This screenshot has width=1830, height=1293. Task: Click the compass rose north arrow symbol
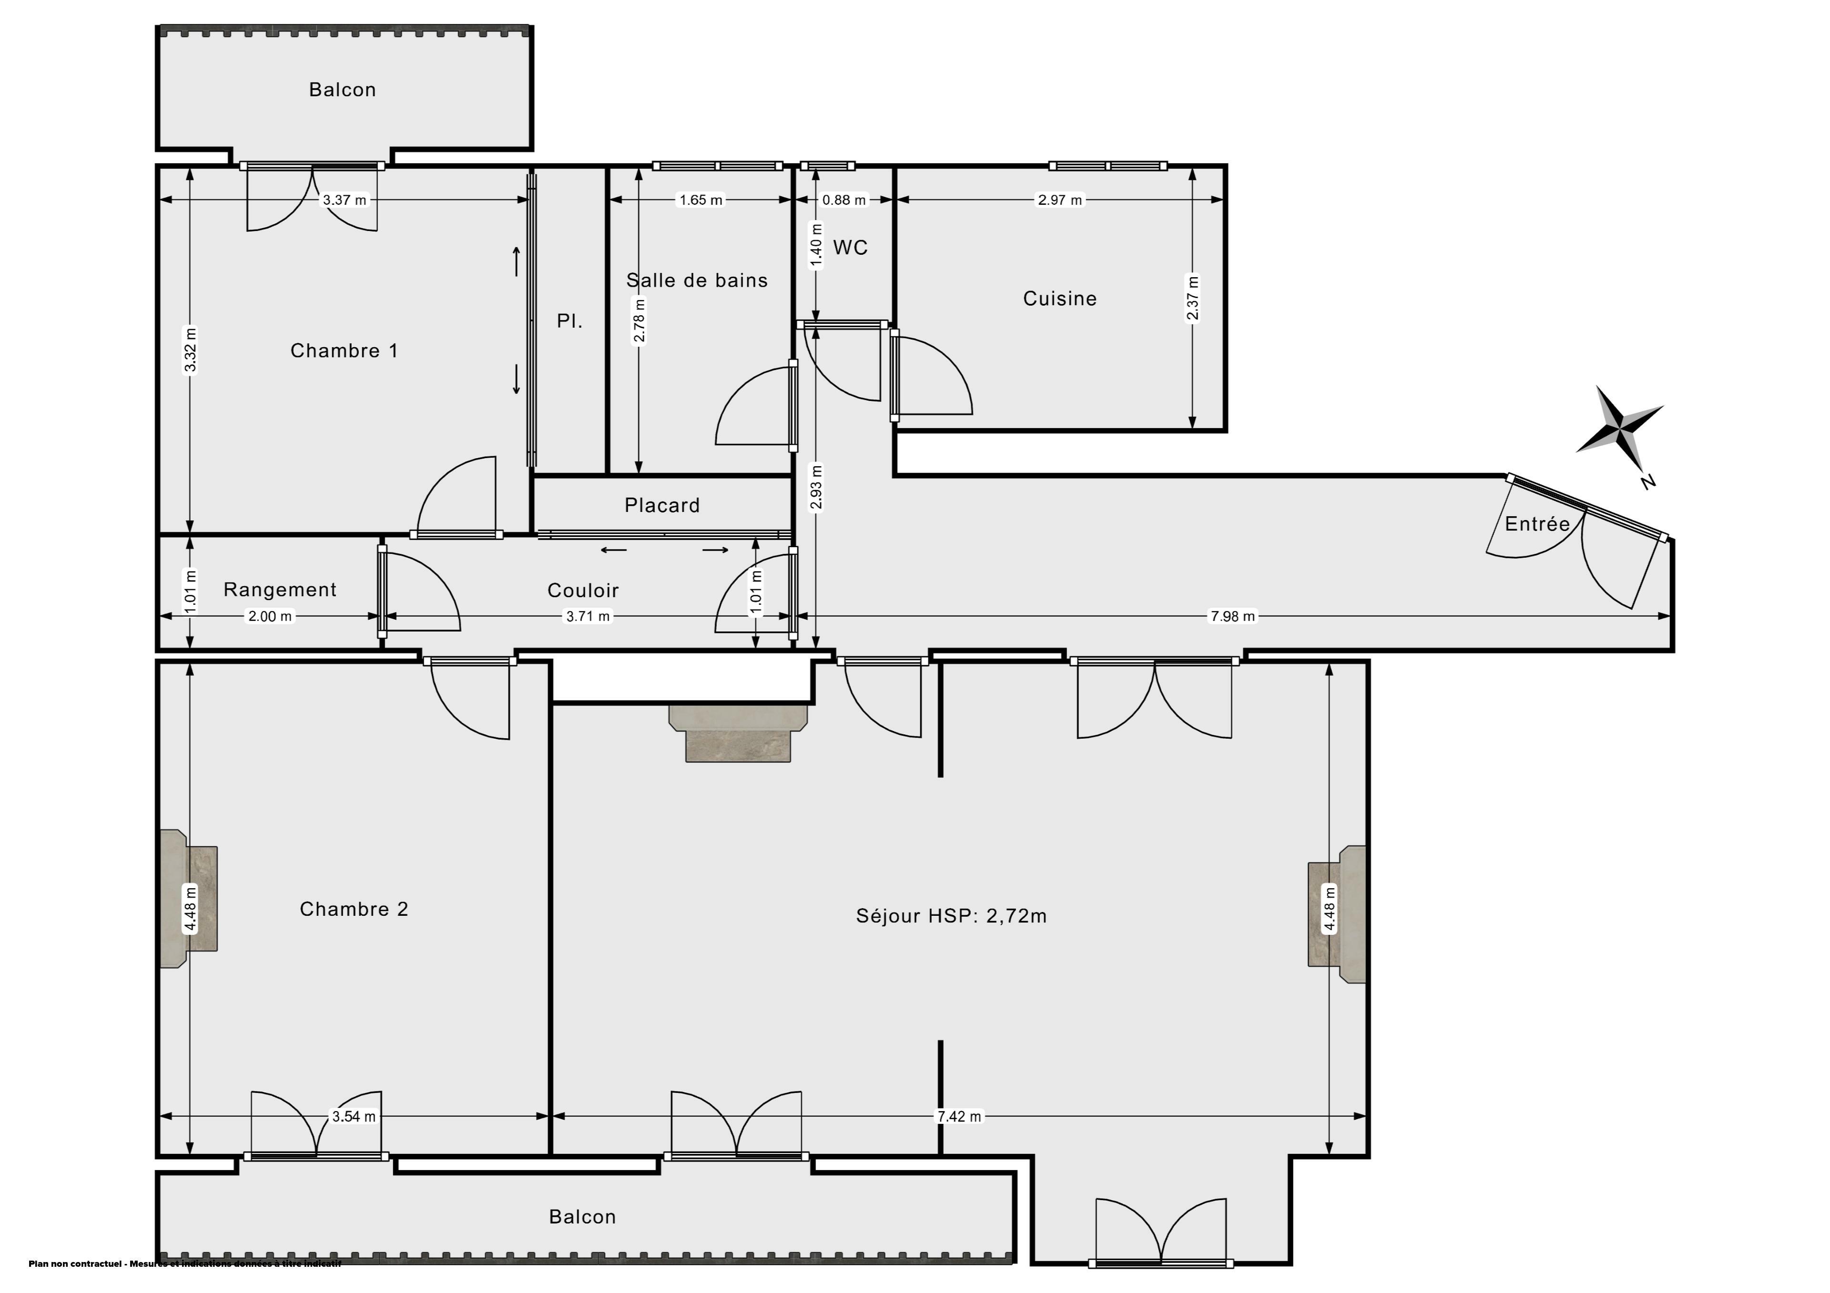pyautogui.click(x=1619, y=430)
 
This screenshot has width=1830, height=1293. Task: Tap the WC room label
pyautogui.click(x=851, y=248)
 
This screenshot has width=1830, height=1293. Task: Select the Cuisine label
pyautogui.click(x=1060, y=299)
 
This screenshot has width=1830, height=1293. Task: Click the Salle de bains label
pyautogui.click(x=697, y=281)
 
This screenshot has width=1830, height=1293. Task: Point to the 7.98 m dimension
pyautogui.click(x=1232, y=616)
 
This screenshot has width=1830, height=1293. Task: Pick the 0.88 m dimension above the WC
pyautogui.click(x=844, y=200)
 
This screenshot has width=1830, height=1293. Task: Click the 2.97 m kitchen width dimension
pyautogui.click(x=1060, y=200)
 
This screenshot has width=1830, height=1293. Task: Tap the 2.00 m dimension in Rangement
pyautogui.click(x=270, y=616)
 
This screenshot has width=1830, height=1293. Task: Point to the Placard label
pyautogui.click(x=662, y=505)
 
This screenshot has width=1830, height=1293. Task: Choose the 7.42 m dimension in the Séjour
pyautogui.click(x=960, y=1116)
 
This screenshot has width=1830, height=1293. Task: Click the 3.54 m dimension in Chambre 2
pyautogui.click(x=354, y=1116)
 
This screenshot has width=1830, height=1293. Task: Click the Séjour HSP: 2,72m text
pyautogui.click(x=952, y=916)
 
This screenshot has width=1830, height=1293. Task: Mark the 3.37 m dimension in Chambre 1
pyautogui.click(x=345, y=200)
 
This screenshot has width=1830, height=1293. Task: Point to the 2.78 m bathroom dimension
pyautogui.click(x=639, y=320)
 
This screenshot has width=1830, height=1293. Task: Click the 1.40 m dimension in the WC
pyautogui.click(x=815, y=245)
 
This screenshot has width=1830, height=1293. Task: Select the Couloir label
pyautogui.click(x=583, y=591)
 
